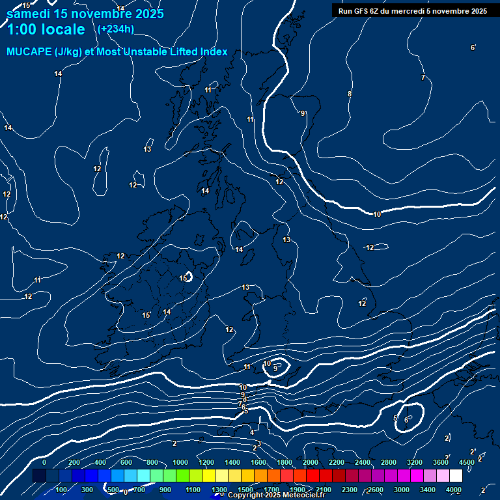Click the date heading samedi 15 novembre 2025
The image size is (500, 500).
[x=85, y=14]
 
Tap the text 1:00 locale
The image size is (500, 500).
[x=46, y=29]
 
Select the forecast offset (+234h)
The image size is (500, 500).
[x=115, y=29]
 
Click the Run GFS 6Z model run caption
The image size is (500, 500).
[x=412, y=11]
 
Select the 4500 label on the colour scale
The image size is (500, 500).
[x=467, y=462]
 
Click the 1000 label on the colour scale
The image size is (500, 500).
[x=180, y=462]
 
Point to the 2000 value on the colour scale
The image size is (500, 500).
[x=311, y=462]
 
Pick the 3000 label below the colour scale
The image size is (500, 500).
[x=402, y=490]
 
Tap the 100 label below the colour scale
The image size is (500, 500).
[x=62, y=490]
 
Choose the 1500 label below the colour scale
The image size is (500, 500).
[x=245, y=490]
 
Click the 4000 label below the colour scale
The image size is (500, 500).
[x=454, y=490]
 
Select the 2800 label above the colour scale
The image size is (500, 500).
[x=389, y=462]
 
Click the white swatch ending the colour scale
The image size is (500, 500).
[x=456, y=476]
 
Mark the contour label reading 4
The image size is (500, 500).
[x=252, y=432]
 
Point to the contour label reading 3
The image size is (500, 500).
[x=258, y=444]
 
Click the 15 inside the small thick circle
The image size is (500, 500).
[x=183, y=278]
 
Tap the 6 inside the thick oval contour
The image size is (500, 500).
[x=406, y=420]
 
